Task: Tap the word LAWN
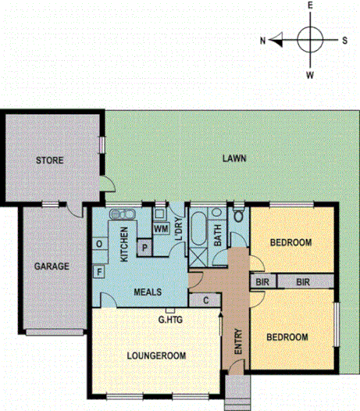coord(233,158)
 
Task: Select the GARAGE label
coord(52,266)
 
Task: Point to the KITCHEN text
coord(123,243)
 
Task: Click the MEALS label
coord(147,292)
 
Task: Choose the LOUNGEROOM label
coord(156,356)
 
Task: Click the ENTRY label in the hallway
coord(239,341)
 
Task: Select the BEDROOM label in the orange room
coord(290,242)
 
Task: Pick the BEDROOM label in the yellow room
coord(287,338)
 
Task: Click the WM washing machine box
coord(161,229)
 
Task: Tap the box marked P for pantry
coord(145,247)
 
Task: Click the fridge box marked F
coord(99,272)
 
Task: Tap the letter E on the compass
coord(310,6)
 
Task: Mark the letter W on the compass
coord(310,74)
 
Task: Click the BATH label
coord(218,234)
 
